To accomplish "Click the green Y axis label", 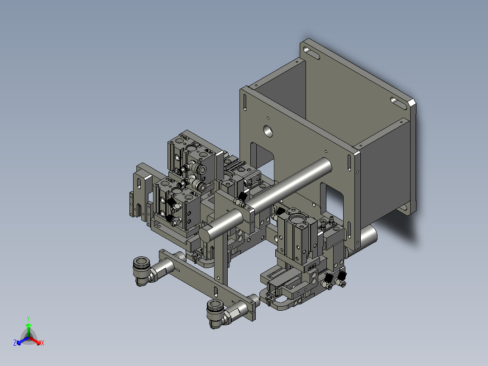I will pos(28,318).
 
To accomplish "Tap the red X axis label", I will pos(43,343).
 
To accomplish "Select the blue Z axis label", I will pos(15,343).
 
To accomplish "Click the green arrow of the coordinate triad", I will pos(28,328).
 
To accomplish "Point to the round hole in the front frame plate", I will pos(268,130).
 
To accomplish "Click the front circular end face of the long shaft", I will pos(206,234).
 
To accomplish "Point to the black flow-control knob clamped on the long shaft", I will pos(242,197).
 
